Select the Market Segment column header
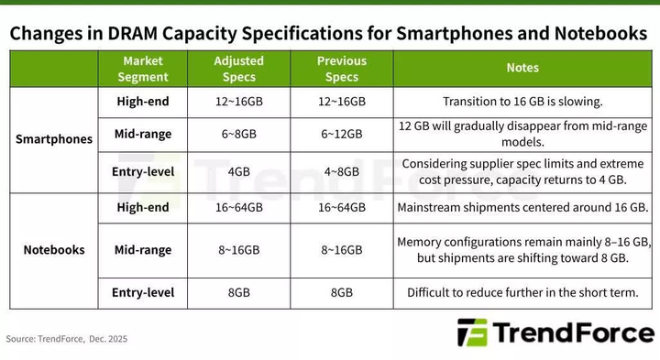point(145,69)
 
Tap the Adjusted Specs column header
point(239,69)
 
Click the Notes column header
point(522,68)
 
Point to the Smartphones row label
point(54,140)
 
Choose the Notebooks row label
point(54,249)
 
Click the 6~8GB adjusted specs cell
point(239,134)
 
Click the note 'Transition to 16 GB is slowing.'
point(522,102)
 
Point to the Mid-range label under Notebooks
point(144,249)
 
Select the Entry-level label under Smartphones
point(144,171)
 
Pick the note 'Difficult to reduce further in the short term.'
point(522,293)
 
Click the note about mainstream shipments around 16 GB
point(522,208)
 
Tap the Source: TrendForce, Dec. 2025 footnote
point(67,339)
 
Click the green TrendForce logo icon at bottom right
point(474,333)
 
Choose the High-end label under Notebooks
point(144,208)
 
